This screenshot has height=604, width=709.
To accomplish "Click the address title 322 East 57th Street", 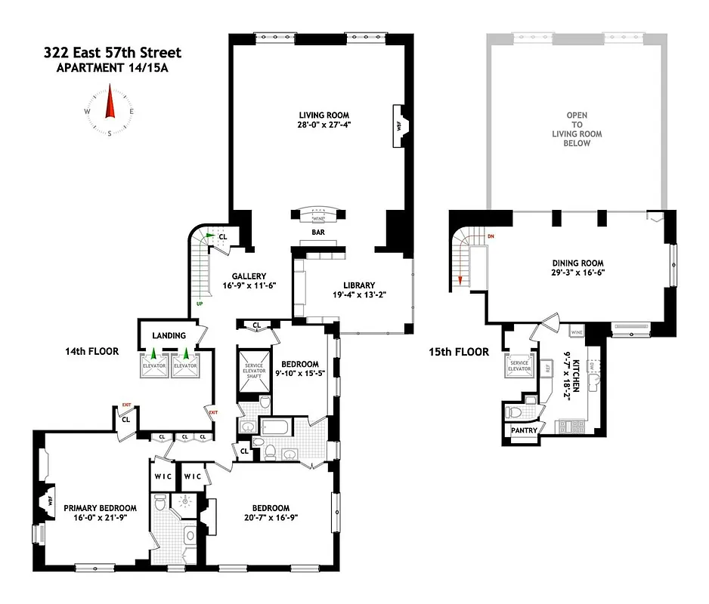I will (x=112, y=53).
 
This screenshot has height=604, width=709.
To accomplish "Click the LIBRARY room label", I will (x=359, y=285).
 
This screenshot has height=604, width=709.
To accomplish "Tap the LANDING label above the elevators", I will (x=169, y=334).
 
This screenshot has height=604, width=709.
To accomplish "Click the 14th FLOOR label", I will (x=92, y=351).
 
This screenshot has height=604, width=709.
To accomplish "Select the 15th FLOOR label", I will (x=463, y=352).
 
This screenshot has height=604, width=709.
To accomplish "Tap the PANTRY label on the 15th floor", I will (x=524, y=431).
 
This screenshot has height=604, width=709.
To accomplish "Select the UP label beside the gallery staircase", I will (x=200, y=304).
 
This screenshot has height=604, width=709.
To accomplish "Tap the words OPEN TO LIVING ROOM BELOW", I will (x=577, y=129).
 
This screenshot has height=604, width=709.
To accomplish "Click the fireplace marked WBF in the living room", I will (x=397, y=122).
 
